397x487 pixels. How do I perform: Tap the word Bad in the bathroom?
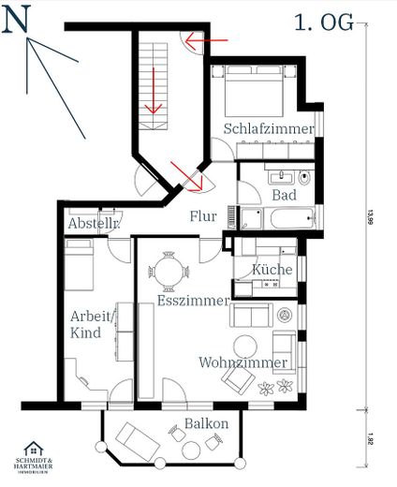pyautogui.click(x=284, y=195)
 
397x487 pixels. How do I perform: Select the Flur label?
pyautogui.click(x=203, y=217)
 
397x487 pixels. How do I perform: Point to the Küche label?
pyautogui.click(x=272, y=270)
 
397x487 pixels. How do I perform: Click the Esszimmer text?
pyautogui.click(x=192, y=302)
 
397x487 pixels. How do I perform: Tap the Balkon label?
pyautogui.click(x=206, y=423)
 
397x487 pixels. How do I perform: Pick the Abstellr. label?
pyautogui.click(x=91, y=225)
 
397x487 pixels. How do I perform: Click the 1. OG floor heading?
pyautogui.click(x=324, y=22)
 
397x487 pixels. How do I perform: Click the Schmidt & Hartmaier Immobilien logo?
pyautogui.click(x=39, y=460)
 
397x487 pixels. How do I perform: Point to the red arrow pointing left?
pyautogui.click(x=206, y=40)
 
